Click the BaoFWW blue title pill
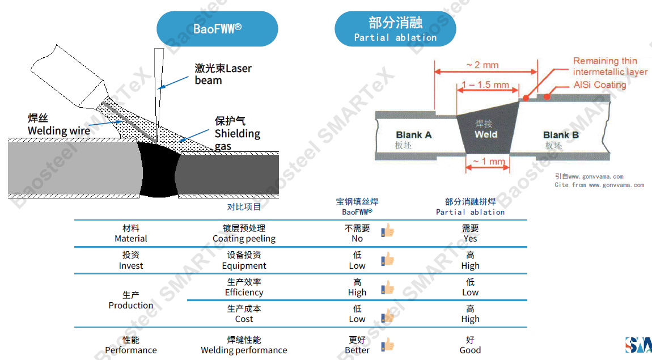[x=217, y=29]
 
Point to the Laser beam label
[x=223, y=74]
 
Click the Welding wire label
[x=59, y=125]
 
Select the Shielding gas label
[x=237, y=134]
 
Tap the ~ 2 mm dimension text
[x=482, y=65]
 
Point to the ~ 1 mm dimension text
[x=489, y=162]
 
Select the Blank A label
[x=413, y=135]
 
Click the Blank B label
[x=560, y=135]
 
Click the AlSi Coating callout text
[x=599, y=85]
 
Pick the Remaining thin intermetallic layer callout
[x=609, y=66]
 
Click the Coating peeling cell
[x=244, y=234]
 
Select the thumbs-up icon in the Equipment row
[x=388, y=260]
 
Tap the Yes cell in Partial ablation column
[x=470, y=234]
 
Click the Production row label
[x=131, y=300]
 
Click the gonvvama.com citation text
[x=599, y=181]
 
